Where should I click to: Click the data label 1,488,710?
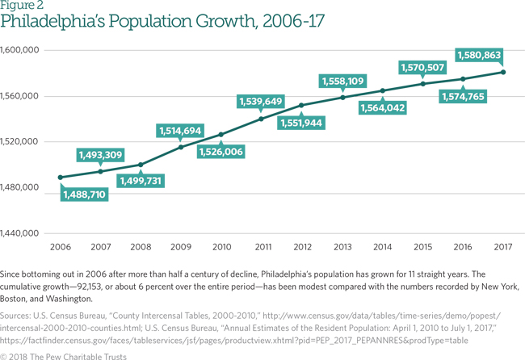point(84,195)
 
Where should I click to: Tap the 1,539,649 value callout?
point(260,101)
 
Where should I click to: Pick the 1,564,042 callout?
point(382,107)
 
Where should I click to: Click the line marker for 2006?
point(61,177)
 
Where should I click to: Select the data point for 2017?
point(503,72)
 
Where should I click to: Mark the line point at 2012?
point(301,105)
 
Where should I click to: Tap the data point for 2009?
point(181,147)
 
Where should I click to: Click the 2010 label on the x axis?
point(220,247)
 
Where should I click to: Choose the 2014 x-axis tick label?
point(382,247)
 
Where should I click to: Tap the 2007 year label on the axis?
point(100,247)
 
